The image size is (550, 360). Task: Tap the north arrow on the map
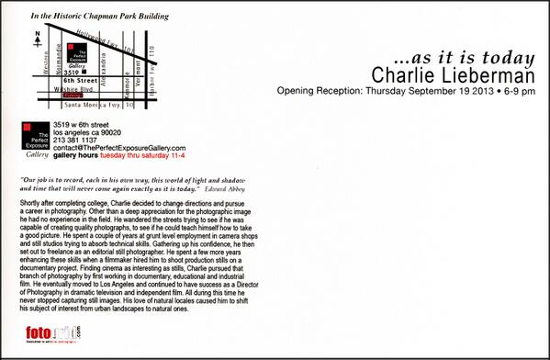(34, 38)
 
